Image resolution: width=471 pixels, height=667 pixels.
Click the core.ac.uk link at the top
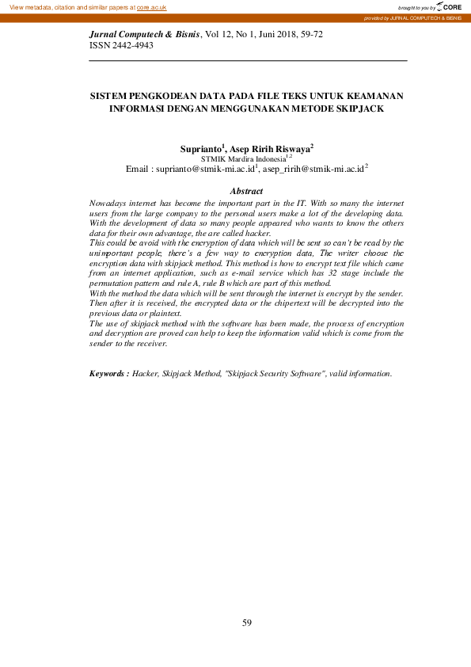pyautogui.click(x=151, y=6)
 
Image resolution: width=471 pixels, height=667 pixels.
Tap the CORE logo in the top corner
pyautogui.click(x=449, y=6)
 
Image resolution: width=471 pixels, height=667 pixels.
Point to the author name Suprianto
pyautogui.click(x=202, y=148)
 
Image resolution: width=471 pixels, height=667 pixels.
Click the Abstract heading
pyautogui.click(x=245, y=192)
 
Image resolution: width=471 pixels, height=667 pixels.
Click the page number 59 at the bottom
pyautogui.click(x=246, y=623)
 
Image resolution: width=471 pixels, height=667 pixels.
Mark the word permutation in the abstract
pyautogui.click(x=114, y=283)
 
